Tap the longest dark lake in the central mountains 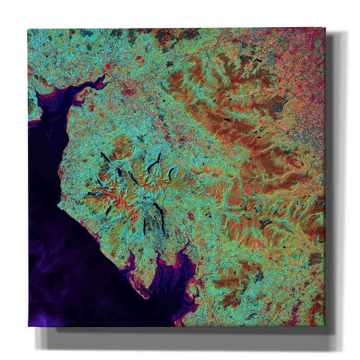(159, 217)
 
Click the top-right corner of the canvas (325, 28)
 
